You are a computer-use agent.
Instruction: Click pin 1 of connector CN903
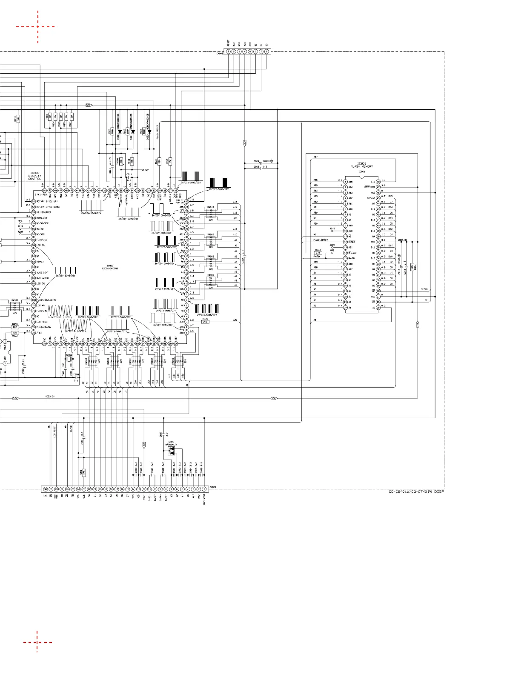coord(228,51)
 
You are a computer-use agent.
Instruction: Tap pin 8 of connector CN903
coord(266,51)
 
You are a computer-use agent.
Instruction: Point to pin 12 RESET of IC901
coord(345,242)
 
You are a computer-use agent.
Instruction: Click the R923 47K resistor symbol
coord(318,253)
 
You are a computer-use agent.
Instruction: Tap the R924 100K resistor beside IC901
coord(412,268)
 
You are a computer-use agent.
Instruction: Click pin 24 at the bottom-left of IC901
coord(345,308)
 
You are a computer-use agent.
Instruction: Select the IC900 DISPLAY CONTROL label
coord(35,176)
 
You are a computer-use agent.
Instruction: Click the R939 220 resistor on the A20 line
coord(205,322)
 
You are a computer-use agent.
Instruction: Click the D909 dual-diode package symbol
coord(171,451)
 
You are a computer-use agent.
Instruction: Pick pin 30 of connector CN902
coord(45,489)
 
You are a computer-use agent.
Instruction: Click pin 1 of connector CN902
coord(204,489)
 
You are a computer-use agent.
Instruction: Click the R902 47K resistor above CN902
coord(84,472)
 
